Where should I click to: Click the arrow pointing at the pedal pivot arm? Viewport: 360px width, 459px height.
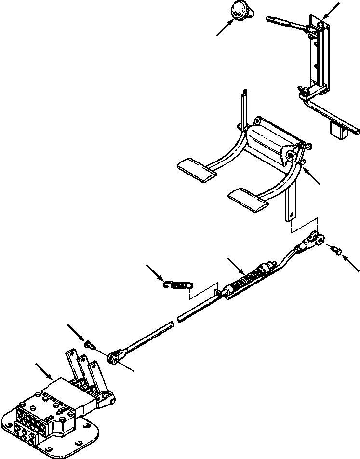[312, 176]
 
